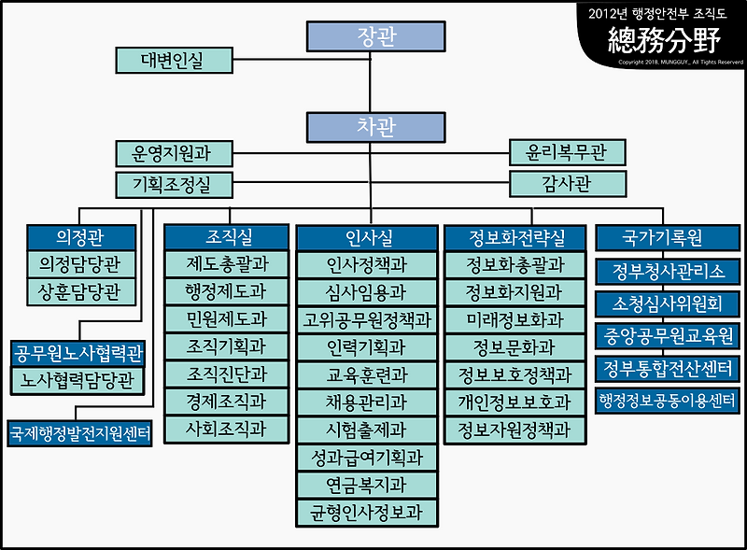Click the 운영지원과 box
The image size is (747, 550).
coord(174,153)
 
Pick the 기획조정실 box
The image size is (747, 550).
coord(174,184)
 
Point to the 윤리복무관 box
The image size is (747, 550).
coord(566,153)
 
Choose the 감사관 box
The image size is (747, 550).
coord(566,184)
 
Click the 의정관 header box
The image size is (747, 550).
coord(80,237)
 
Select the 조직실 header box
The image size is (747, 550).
coord(226,237)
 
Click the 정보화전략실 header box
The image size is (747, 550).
coord(515,237)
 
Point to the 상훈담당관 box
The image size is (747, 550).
coord(80,290)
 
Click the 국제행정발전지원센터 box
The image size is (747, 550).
coord(80,433)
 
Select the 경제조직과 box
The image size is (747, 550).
coord(226,402)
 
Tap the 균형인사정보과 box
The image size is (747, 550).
coord(368,512)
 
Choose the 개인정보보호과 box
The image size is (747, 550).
coord(515,402)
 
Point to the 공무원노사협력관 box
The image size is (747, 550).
coord(80,354)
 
